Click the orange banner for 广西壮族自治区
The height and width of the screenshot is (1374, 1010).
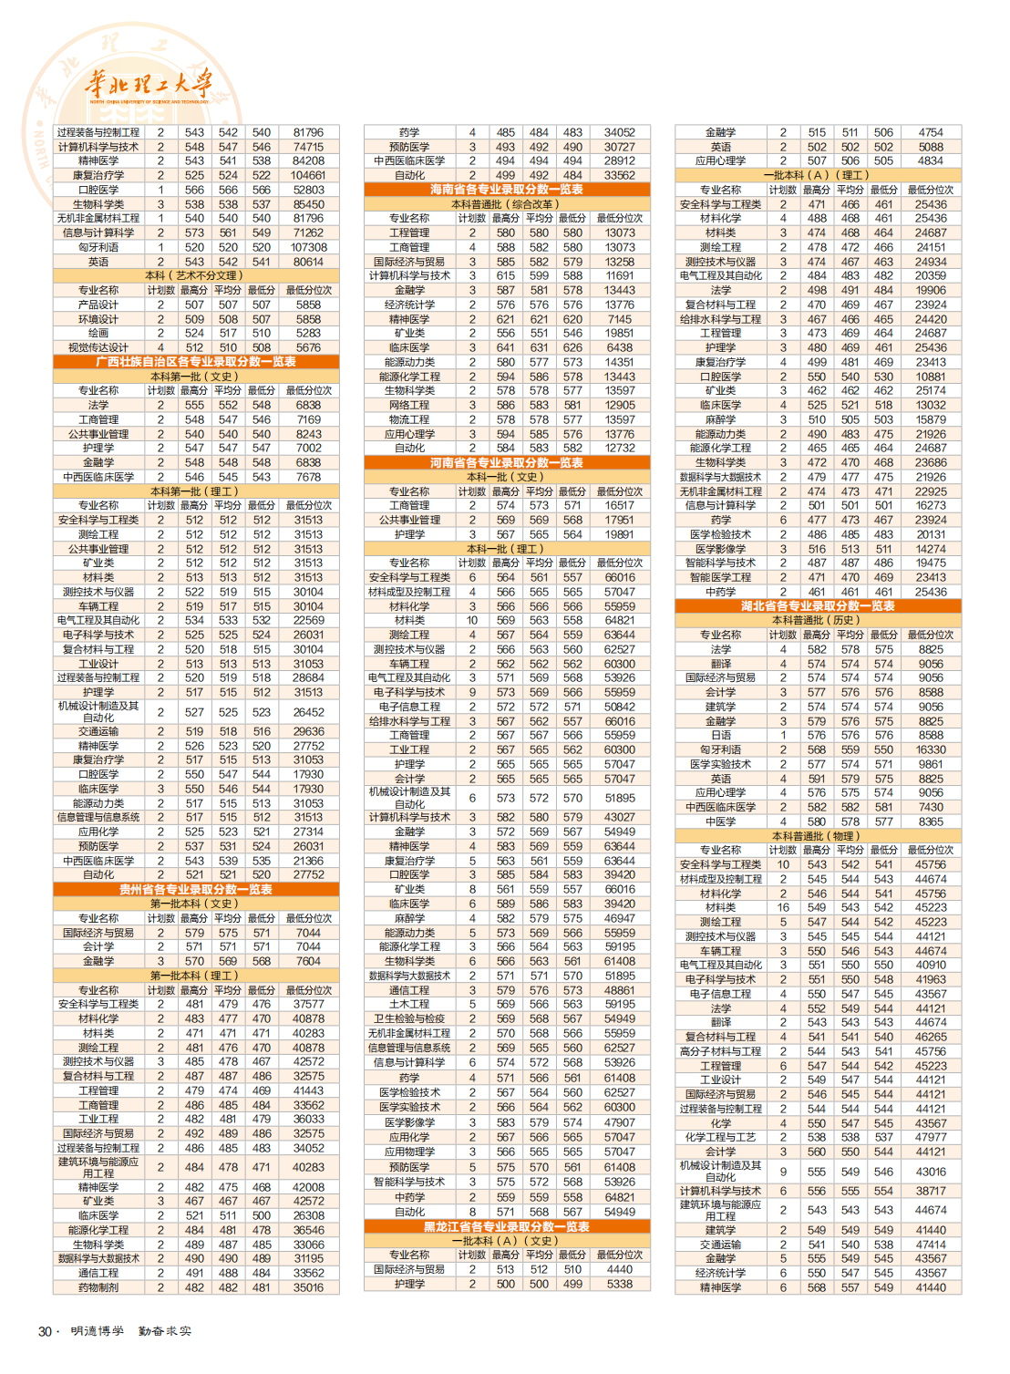(x=196, y=362)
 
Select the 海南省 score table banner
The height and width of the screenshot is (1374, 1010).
(x=507, y=190)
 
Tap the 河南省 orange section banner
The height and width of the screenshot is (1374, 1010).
(x=507, y=463)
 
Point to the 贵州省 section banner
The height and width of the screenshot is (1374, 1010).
(x=196, y=890)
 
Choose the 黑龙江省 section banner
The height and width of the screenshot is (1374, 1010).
(x=507, y=1227)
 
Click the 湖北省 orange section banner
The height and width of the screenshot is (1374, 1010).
(x=818, y=606)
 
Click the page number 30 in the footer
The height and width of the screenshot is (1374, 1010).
(x=45, y=1332)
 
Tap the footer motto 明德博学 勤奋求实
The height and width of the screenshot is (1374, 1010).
(x=131, y=1332)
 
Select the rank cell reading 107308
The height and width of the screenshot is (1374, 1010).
(x=308, y=247)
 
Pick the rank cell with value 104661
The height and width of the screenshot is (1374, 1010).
(x=308, y=175)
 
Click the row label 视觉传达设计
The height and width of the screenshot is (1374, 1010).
(x=98, y=347)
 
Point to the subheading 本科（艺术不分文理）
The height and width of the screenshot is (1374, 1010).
(x=196, y=275)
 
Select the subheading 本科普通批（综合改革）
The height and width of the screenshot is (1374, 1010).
(x=507, y=204)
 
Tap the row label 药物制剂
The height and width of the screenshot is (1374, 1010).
(x=98, y=1288)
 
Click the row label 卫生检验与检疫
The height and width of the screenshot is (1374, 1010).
(x=409, y=1019)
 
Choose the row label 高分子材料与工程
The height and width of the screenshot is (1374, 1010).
(x=720, y=1051)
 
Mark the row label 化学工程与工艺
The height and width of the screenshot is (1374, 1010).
(x=720, y=1138)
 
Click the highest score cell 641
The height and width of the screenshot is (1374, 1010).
(x=506, y=347)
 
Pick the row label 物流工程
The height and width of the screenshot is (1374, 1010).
(x=409, y=419)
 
